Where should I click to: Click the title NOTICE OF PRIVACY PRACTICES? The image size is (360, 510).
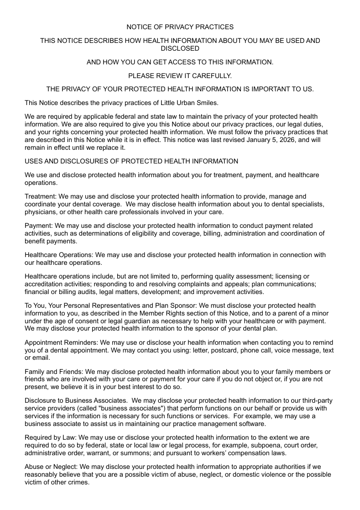[x=180, y=27]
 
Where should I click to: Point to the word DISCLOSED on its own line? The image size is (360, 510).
[x=180, y=48]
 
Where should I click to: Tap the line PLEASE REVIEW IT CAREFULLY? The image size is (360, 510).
[x=180, y=75]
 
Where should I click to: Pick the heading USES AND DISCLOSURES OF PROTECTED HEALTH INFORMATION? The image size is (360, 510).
[x=131, y=161]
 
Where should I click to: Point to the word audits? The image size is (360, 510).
[x=76, y=292]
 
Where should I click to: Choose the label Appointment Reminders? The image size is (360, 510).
[x=61, y=342]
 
